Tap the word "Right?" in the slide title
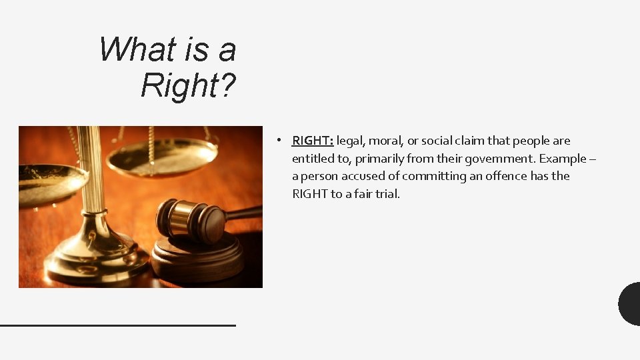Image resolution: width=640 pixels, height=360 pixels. tap(189, 85)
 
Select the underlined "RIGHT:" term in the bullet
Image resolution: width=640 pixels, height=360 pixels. tap(313, 141)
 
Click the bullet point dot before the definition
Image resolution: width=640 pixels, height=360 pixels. tap(283, 141)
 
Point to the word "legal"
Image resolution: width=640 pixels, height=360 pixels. tap(351, 141)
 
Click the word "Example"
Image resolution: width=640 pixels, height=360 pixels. tap(561, 159)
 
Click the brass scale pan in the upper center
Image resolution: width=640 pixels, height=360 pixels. tap(162, 157)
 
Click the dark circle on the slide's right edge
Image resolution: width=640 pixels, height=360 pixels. tap(630, 304)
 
